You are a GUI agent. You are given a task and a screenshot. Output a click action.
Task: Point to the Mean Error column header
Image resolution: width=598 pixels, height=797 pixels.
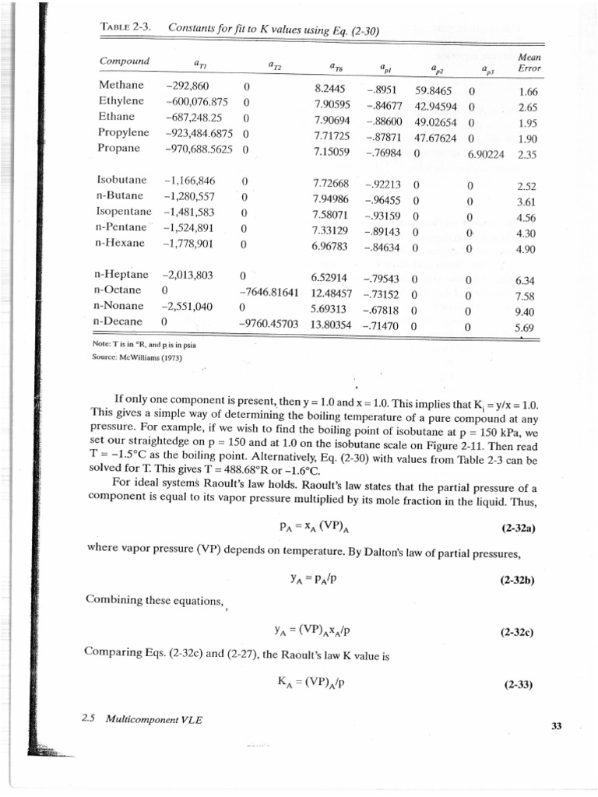(x=529, y=62)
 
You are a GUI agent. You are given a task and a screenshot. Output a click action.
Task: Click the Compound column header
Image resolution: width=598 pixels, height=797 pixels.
(x=125, y=61)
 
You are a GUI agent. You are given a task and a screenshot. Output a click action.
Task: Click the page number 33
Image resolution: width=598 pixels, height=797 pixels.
(x=556, y=726)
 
